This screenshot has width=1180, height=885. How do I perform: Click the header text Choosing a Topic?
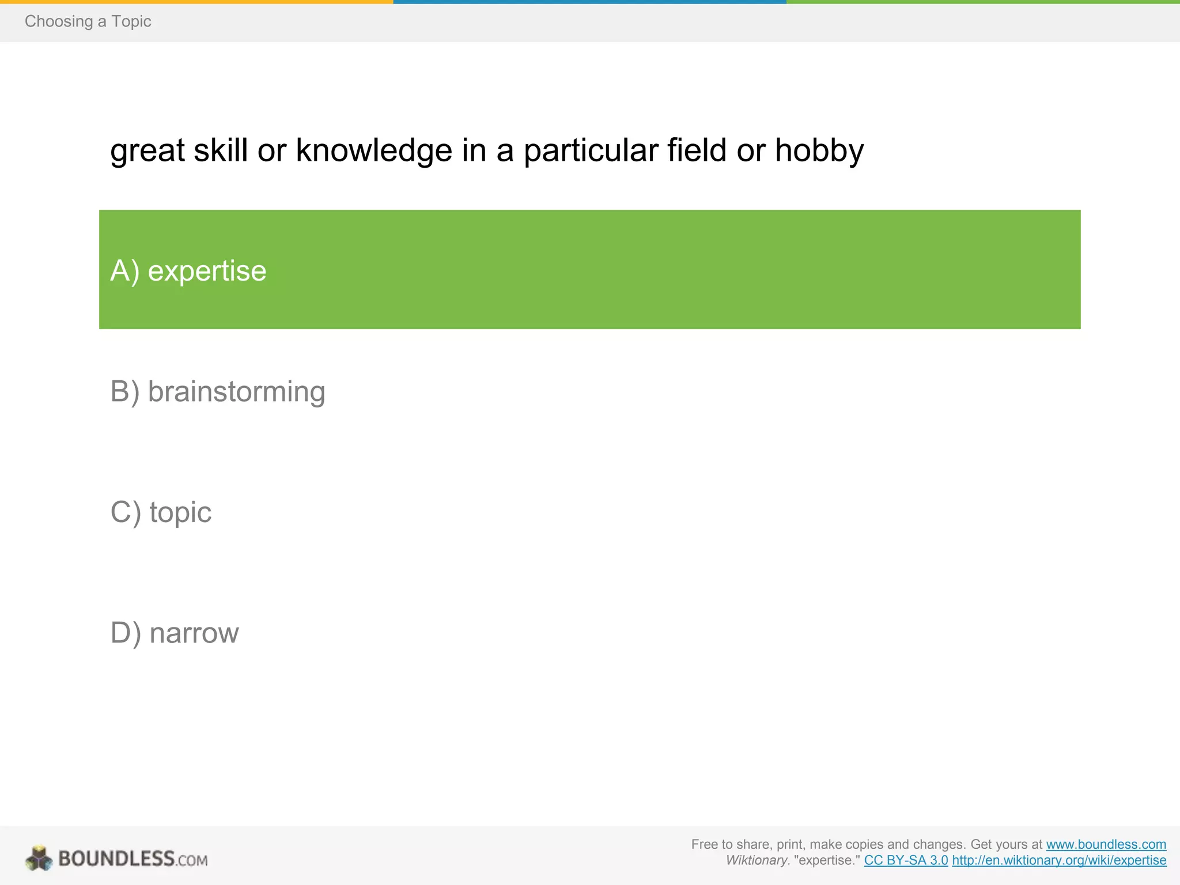point(88,21)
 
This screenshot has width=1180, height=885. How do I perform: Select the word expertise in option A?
point(207,271)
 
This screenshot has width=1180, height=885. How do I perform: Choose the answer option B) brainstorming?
point(218,392)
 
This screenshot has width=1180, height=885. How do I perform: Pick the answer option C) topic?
point(161,512)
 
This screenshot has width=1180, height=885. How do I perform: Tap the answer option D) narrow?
point(174,633)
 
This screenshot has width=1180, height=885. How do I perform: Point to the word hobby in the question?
point(819,151)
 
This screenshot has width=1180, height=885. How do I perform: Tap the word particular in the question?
point(591,151)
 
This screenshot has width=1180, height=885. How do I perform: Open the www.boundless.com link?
point(1106,844)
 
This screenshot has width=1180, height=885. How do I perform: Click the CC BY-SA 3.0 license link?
point(906,860)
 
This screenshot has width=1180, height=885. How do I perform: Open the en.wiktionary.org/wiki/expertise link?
point(1059,860)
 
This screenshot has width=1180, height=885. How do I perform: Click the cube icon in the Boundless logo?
point(39,858)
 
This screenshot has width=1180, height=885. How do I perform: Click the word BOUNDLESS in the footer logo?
point(116,858)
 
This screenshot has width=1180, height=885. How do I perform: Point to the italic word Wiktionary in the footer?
point(756,860)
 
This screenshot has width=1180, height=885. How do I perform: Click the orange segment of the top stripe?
point(196,2)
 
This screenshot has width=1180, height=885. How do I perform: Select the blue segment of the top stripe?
point(589,2)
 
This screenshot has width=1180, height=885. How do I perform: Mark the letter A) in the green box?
point(124,271)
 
